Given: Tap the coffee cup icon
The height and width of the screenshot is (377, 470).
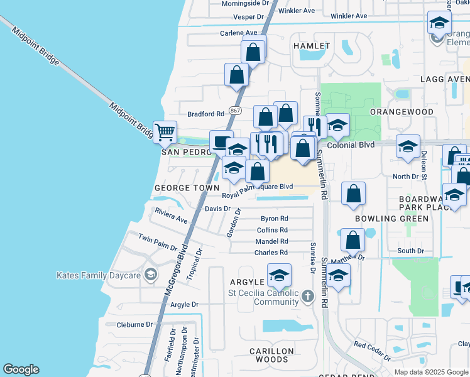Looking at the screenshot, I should tap(221, 142).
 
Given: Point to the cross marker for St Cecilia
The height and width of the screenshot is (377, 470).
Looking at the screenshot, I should tap(307, 296).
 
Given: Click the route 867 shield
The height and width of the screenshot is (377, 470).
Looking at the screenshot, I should tap(236, 111).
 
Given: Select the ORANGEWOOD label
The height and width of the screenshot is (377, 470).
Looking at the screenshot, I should tap(402, 111).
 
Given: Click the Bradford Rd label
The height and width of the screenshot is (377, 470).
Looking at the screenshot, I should tap(206, 114).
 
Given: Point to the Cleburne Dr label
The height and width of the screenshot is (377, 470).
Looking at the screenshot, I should tap(134, 325).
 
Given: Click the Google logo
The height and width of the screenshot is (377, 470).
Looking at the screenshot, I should tap(21, 369).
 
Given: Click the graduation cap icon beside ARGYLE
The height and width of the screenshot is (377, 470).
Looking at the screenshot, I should tap(279, 275).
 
